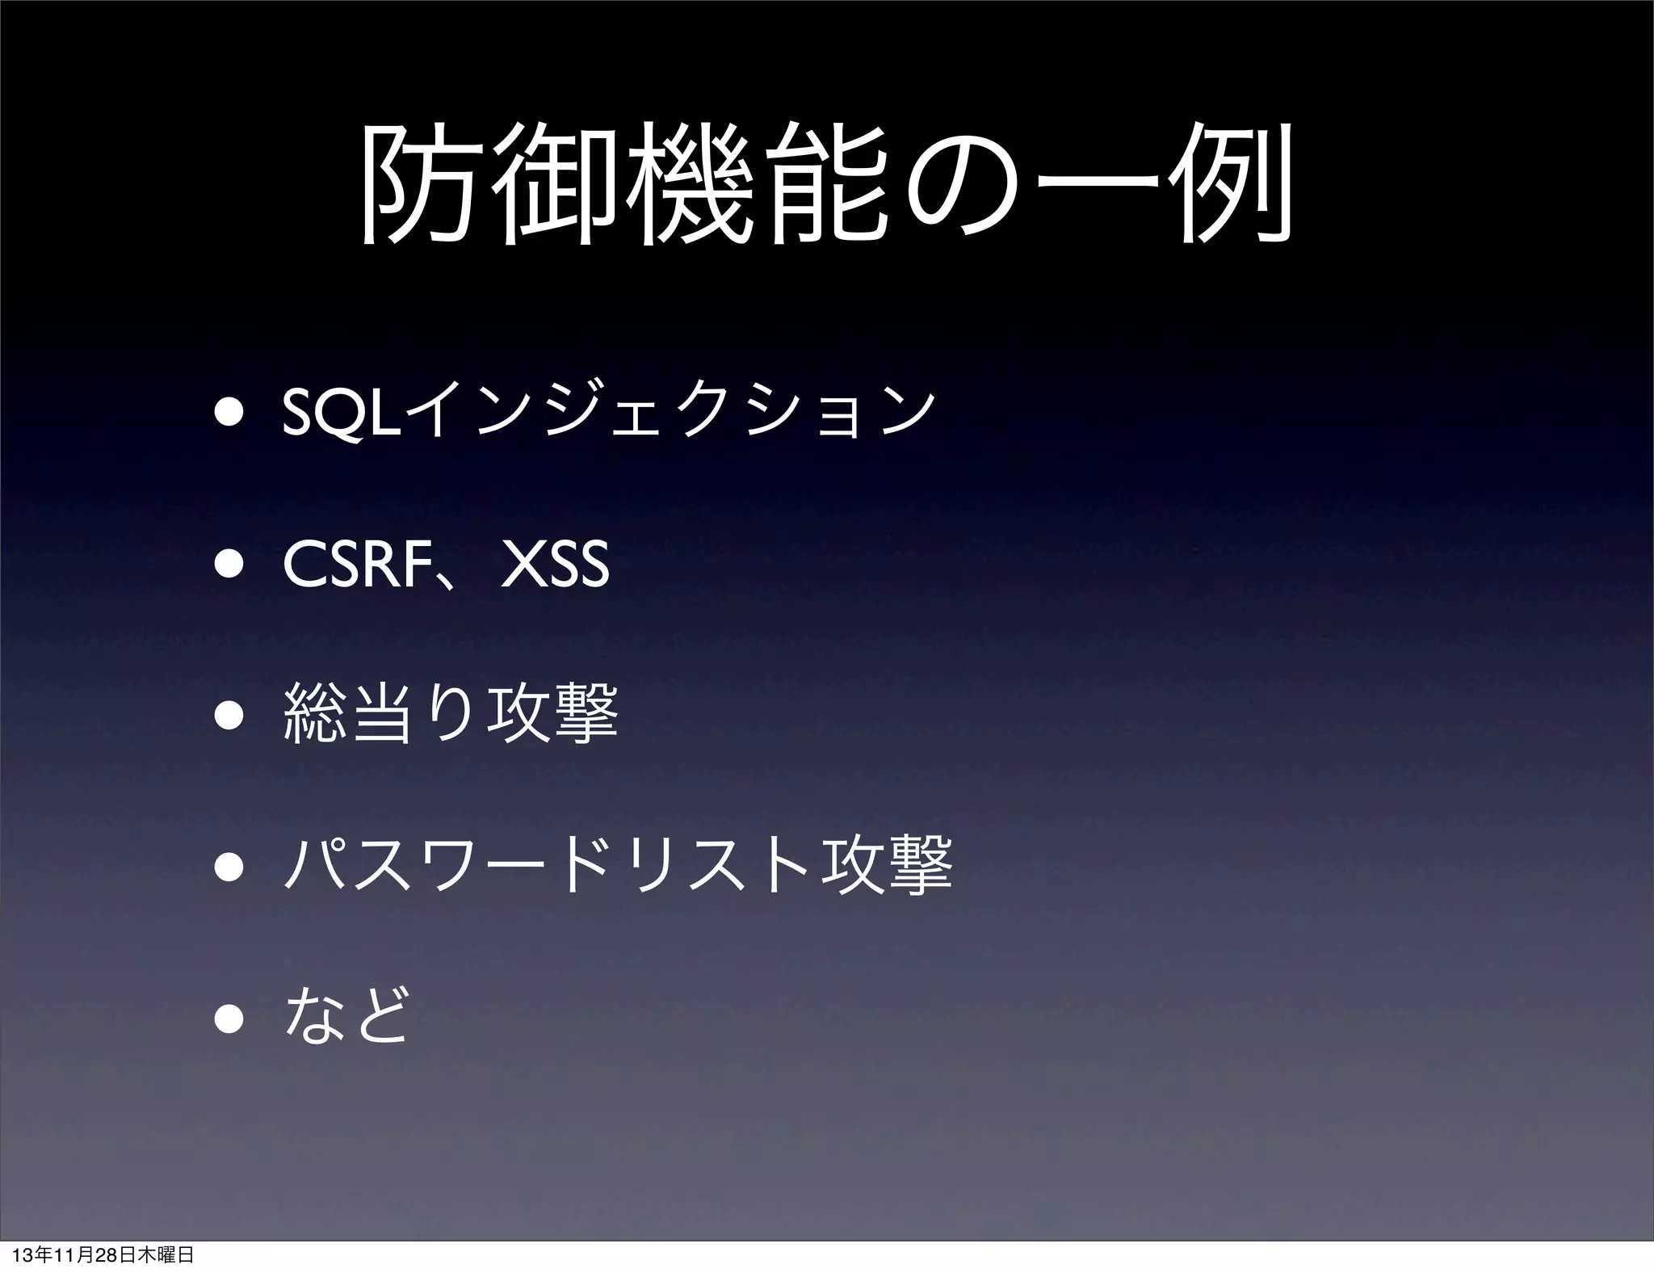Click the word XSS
pyautogui.click(x=556, y=565)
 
